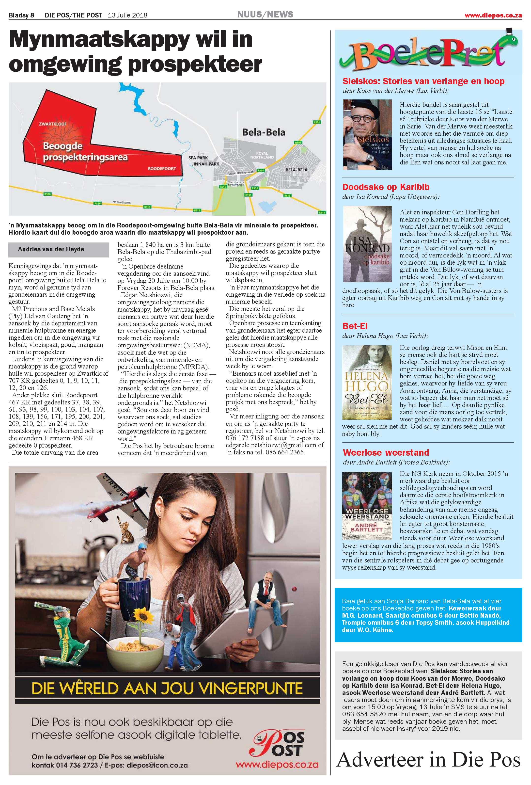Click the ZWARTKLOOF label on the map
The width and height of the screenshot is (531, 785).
[x=52, y=124]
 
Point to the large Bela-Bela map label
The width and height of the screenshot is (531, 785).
[x=264, y=132]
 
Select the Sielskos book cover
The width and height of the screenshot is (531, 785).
[x=367, y=134]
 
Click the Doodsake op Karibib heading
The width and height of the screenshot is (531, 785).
[x=386, y=187]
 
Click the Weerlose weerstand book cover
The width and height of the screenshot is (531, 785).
[x=367, y=505]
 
